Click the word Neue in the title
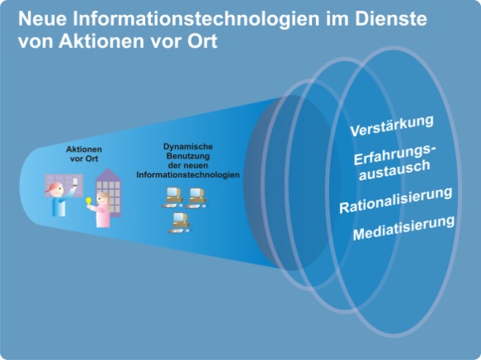[42, 18]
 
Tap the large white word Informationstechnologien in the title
[196, 20]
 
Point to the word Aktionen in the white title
[101, 41]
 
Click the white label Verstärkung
[391, 126]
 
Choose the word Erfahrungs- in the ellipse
[395, 154]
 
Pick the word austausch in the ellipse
[395, 170]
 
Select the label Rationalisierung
[396, 200]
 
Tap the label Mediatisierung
[404, 227]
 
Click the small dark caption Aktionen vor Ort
[84, 153]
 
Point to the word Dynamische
[188, 146]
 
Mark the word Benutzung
[188, 156]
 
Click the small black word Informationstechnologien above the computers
[188, 175]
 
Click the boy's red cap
[54, 187]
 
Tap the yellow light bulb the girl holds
[89, 202]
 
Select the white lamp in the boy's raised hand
[75, 182]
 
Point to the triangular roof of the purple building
[108, 174]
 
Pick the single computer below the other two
[180, 222]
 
